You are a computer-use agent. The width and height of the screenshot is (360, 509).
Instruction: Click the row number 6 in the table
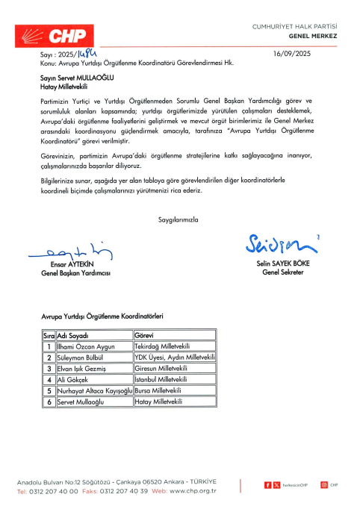(x=49, y=402)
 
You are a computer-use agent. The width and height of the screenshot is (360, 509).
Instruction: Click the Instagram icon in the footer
(x=324, y=485)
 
